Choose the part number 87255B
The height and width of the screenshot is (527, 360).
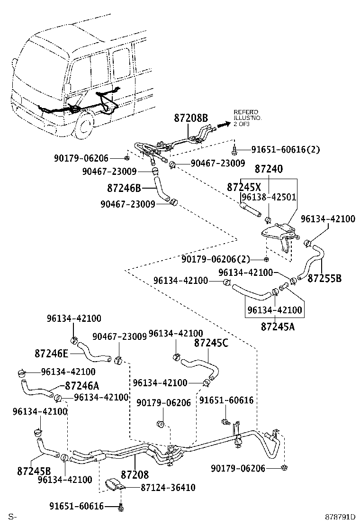324,278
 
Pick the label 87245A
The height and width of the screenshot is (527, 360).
277,326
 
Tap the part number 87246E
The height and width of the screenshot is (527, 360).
51,353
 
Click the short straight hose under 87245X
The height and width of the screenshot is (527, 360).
252,209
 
